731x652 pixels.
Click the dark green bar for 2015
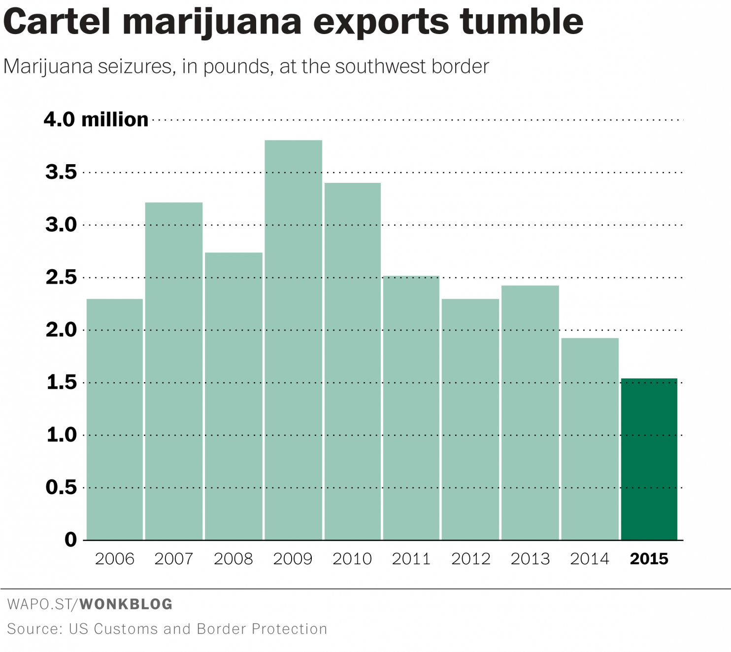coord(649,459)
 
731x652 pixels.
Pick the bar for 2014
coord(590,439)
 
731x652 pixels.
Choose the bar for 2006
coord(115,419)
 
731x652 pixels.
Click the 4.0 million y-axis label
coord(96,120)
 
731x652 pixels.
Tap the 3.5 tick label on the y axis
coord(62,172)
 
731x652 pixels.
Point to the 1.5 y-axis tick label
coord(62,382)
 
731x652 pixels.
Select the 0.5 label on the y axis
coord(62,487)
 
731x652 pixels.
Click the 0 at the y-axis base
coord(71,540)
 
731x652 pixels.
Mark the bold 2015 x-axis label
coord(649,559)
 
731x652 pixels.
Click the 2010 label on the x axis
coord(352,559)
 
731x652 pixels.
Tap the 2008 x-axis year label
coord(233,559)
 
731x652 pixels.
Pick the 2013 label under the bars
coord(530,559)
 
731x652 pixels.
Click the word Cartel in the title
coord(57,22)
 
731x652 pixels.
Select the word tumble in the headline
coord(522,22)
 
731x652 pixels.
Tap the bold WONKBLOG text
coord(126,604)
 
